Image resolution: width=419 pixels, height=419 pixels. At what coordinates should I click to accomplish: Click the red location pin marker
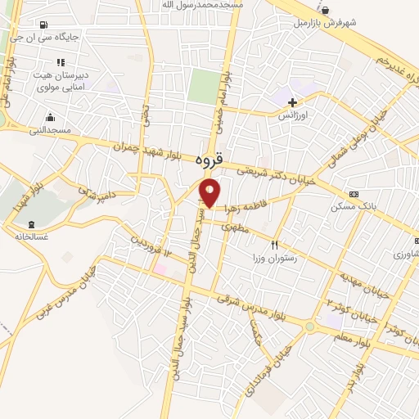coord(210,193)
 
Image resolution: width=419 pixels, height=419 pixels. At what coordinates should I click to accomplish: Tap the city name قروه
coord(210,162)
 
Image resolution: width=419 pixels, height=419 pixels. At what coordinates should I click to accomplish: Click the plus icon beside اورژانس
coord(292,102)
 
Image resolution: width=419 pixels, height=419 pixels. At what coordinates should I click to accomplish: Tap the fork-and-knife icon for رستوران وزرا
coord(275,244)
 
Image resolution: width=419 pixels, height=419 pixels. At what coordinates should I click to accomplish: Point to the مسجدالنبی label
coord(50,129)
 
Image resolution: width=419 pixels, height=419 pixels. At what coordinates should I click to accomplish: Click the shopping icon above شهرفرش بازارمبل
coord(326,11)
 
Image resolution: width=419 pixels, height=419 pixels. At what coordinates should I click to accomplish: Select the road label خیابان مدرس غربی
coord(65,295)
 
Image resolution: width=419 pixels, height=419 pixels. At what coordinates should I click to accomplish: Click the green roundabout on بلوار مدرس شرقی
coord(309,327)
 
